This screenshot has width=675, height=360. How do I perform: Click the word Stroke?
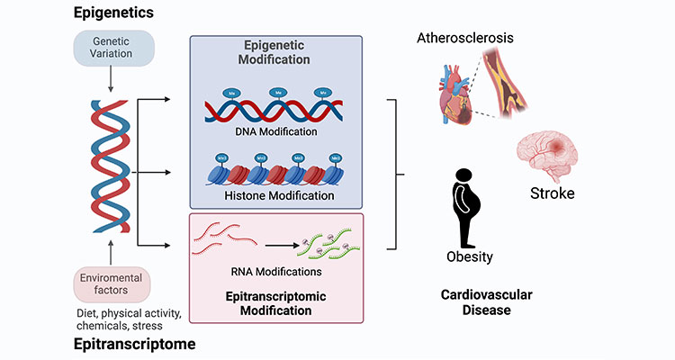click(553, 193)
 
